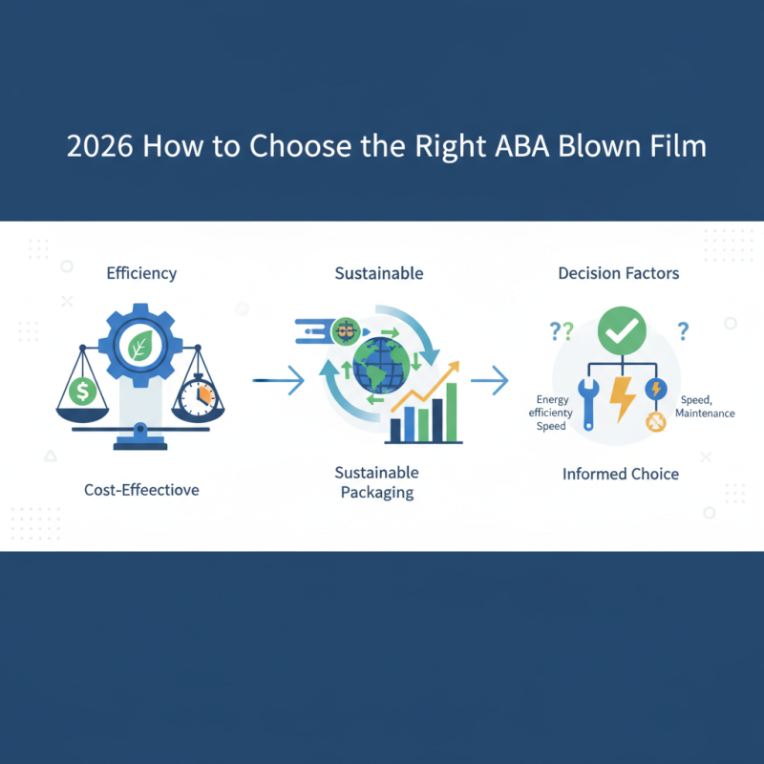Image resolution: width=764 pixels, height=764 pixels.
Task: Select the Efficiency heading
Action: (140, 273)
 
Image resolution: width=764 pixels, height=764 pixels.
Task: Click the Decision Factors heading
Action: (619, 273)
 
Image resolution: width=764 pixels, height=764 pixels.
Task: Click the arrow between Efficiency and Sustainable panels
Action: (279, 382)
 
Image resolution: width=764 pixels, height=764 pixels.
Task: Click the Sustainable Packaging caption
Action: (377, 482)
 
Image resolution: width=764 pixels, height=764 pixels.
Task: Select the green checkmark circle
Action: (622, 331)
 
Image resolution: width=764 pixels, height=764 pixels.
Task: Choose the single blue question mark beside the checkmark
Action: (683, 331)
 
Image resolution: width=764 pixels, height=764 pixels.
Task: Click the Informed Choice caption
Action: (621, 474)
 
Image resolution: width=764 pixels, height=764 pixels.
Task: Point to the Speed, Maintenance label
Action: (705, 406)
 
